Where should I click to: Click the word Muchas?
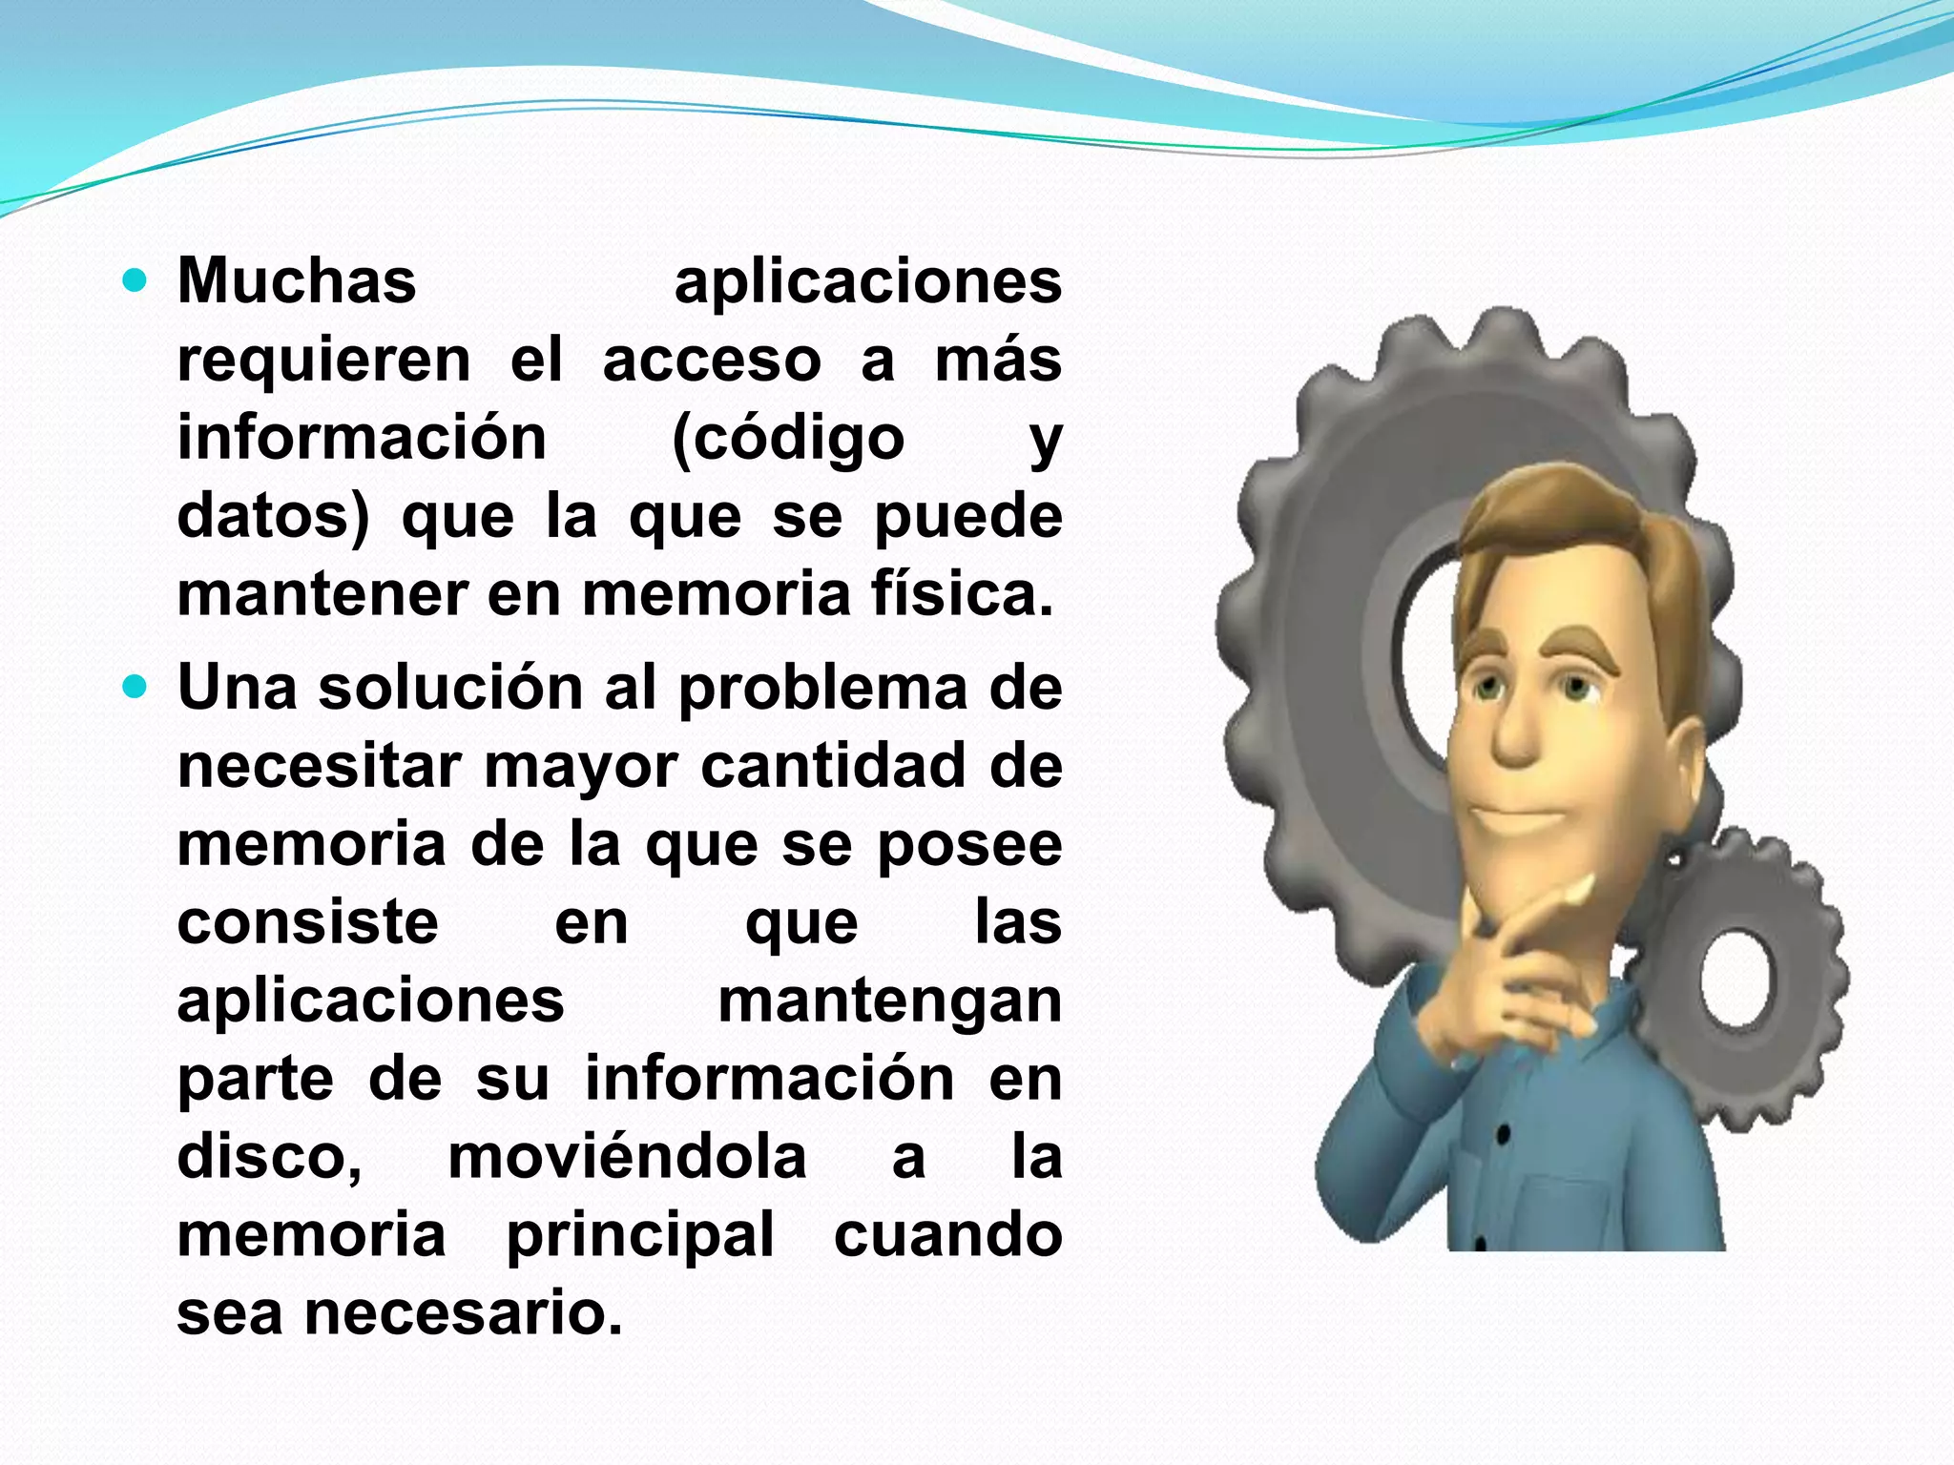[297, 281]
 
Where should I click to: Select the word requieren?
[324, 361]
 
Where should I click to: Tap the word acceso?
[712, 361]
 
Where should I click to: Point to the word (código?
[788, 441]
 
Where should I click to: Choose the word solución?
[450, 688]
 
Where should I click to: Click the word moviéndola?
[627, 1157]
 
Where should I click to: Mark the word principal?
[639, 1237]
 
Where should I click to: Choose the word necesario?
[464, 1314]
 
